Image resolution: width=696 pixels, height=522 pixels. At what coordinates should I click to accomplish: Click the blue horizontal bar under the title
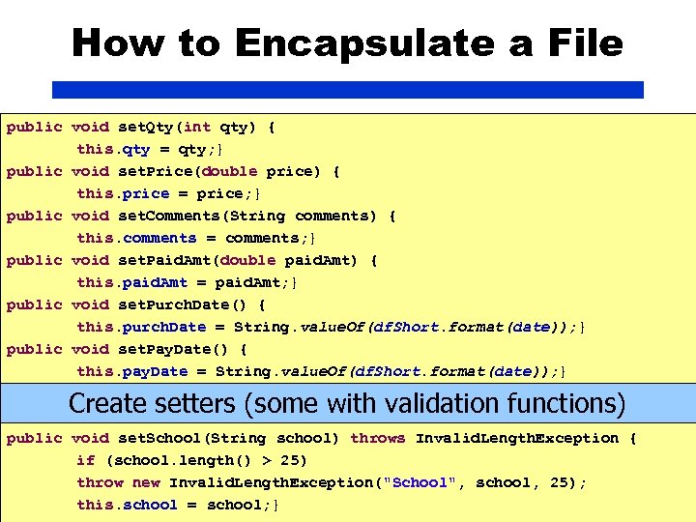tap(347, 90)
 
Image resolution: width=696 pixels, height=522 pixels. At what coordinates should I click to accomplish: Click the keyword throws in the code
tap(378, 438)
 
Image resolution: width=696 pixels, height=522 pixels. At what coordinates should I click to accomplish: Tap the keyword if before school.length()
tap(85, 460)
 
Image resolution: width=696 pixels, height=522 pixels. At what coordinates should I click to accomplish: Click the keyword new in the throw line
tap(146, 482)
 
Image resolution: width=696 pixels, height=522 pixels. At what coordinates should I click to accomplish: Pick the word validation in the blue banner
tap(456, 403)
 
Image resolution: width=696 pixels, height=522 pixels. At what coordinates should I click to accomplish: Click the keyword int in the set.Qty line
tap(197, 127)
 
